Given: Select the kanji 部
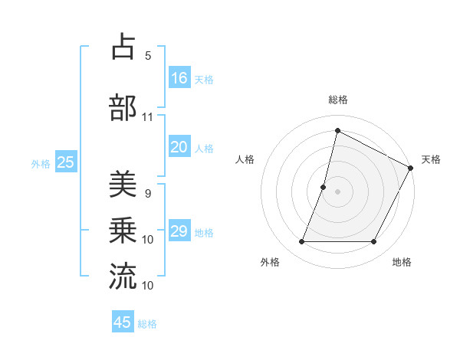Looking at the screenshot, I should coord(123,108).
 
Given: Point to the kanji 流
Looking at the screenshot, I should coord(123,277).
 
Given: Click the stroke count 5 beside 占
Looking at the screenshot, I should coord(148,56).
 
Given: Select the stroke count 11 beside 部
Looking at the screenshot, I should coord(148,117).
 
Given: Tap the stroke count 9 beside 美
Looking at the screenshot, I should coord(148,194).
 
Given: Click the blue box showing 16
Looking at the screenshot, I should coord(179,77).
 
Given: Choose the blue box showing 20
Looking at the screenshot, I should coord(179,147).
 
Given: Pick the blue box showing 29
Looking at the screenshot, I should coord(179,231).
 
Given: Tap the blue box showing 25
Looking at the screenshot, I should coord(66,162).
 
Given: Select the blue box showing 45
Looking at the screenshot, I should coord(123,322).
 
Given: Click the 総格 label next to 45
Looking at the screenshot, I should coord(148,324).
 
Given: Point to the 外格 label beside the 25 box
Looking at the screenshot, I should coord(41,163).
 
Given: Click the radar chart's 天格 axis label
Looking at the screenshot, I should coord(431,159).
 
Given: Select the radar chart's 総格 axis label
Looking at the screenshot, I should coord(337,100).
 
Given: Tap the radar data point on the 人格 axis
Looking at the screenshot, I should coord(324,187).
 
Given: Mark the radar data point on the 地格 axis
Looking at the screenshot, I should coord(373,242).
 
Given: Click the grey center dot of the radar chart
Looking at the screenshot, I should coord(337,191).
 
